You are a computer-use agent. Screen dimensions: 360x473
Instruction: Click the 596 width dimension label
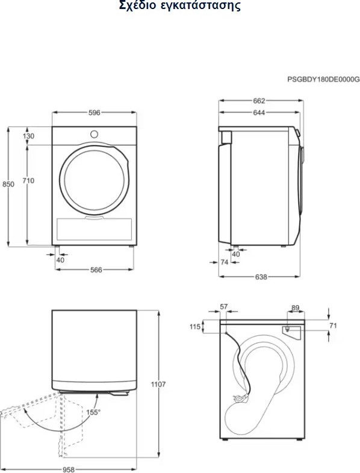(94, 113)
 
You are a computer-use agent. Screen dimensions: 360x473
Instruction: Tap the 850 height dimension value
(8, 184)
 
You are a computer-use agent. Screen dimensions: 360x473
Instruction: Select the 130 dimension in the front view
(28, 136)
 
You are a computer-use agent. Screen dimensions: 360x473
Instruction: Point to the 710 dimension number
(28, 181)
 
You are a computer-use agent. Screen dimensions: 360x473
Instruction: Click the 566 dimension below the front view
(96, 270)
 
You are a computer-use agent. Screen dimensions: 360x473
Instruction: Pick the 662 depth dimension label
(259, 100)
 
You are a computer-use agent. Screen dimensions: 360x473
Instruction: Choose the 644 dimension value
(259, 113)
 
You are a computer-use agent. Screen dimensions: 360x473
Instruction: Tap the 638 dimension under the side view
(261, 277)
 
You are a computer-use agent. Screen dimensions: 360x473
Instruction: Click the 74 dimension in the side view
(224, 262)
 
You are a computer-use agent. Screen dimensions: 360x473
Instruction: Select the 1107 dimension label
(158, 385)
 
